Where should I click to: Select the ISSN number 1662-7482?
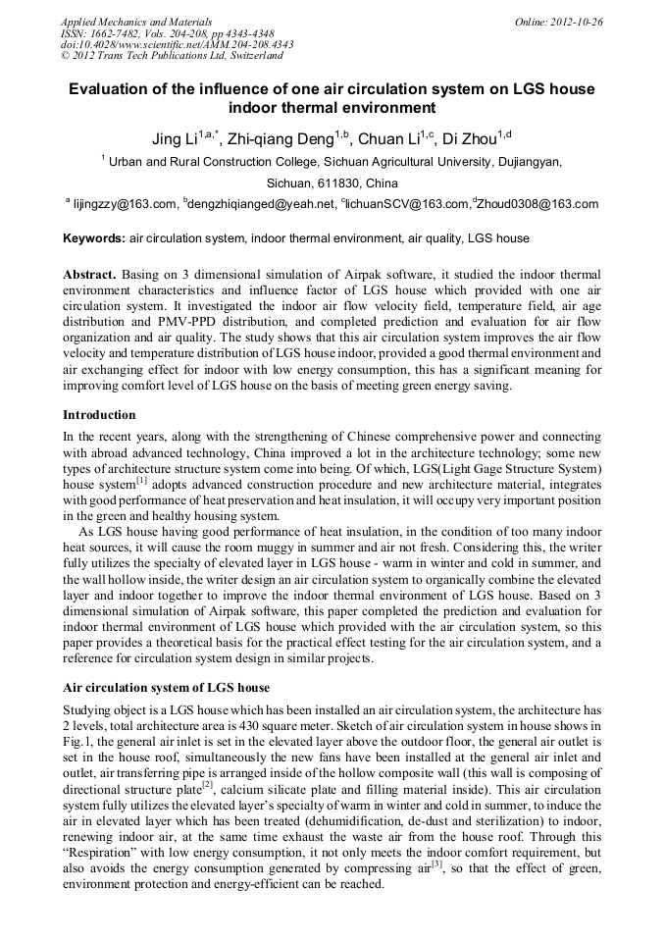tap(123, 32)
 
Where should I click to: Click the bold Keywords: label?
tap(94, 238)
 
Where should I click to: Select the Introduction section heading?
tap(99, 415)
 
